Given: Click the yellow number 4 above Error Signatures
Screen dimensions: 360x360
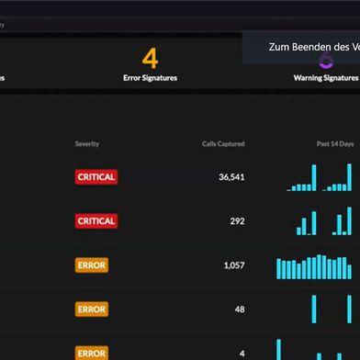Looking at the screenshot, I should (150, 59).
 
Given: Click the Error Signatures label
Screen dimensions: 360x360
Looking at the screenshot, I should (150, 78).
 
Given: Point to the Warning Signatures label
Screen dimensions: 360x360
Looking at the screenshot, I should (326, 78).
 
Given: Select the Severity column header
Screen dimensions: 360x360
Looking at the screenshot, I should (87, 144).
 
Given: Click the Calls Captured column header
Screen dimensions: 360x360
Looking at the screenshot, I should (223, 144).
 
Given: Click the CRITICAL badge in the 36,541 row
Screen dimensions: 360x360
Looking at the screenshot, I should (96, 177).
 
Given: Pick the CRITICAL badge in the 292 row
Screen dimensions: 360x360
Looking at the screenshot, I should (96, 221).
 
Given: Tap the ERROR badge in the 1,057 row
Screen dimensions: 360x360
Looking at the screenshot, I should (92, 265).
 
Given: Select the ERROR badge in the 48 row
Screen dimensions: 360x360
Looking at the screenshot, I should (92, 309).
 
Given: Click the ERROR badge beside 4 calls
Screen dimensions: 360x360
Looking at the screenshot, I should (92, 353).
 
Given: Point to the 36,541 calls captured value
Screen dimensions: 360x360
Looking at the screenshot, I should (231, 177).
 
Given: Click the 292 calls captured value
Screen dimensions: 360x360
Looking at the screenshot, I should (237, 221).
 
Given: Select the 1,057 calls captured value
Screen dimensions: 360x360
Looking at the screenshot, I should (234, 265).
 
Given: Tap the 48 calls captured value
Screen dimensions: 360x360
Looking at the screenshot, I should (240, 309).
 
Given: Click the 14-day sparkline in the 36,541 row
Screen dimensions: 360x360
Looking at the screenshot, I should (319, 179).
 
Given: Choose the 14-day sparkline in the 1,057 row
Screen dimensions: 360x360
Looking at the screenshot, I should (314, 266).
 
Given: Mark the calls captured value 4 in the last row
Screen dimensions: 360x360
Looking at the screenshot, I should (242, 354).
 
